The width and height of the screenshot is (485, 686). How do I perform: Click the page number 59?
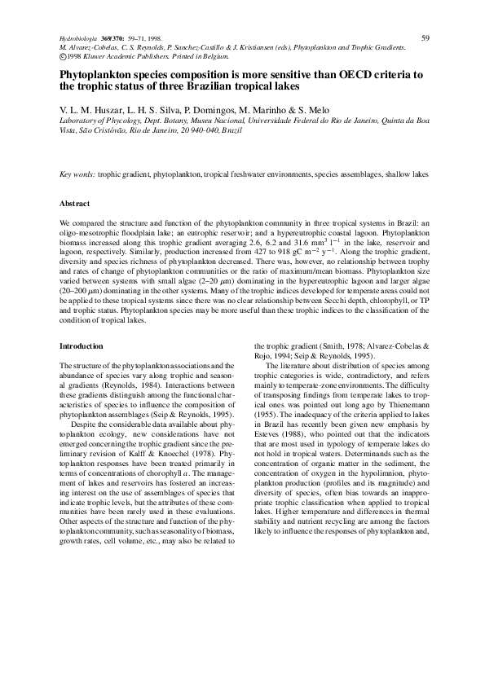tap(425, 37)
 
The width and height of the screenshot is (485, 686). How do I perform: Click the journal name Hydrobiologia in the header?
tap(78, 39)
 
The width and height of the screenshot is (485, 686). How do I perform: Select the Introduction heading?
tap(82, 346)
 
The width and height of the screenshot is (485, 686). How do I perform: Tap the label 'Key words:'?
tap(78, 175)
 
